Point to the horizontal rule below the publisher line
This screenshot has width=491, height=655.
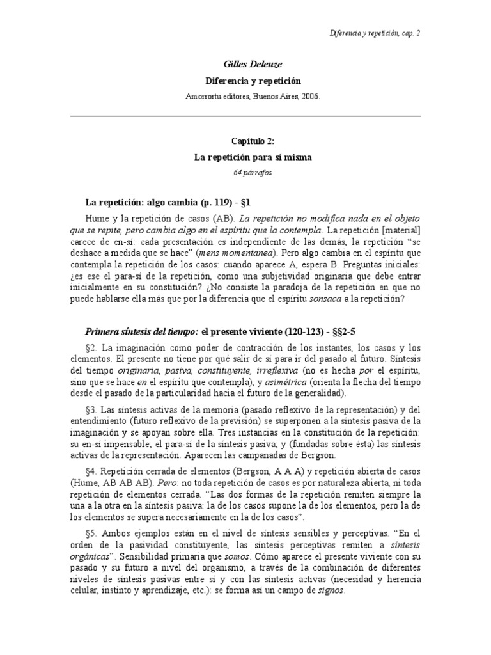pyautogui.click(x=245, y=116)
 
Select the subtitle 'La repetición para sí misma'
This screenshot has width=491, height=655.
pyautogui.click(x=245, y=158)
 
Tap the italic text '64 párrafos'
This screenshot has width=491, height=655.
pyautogui.click(x=245, y=171)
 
